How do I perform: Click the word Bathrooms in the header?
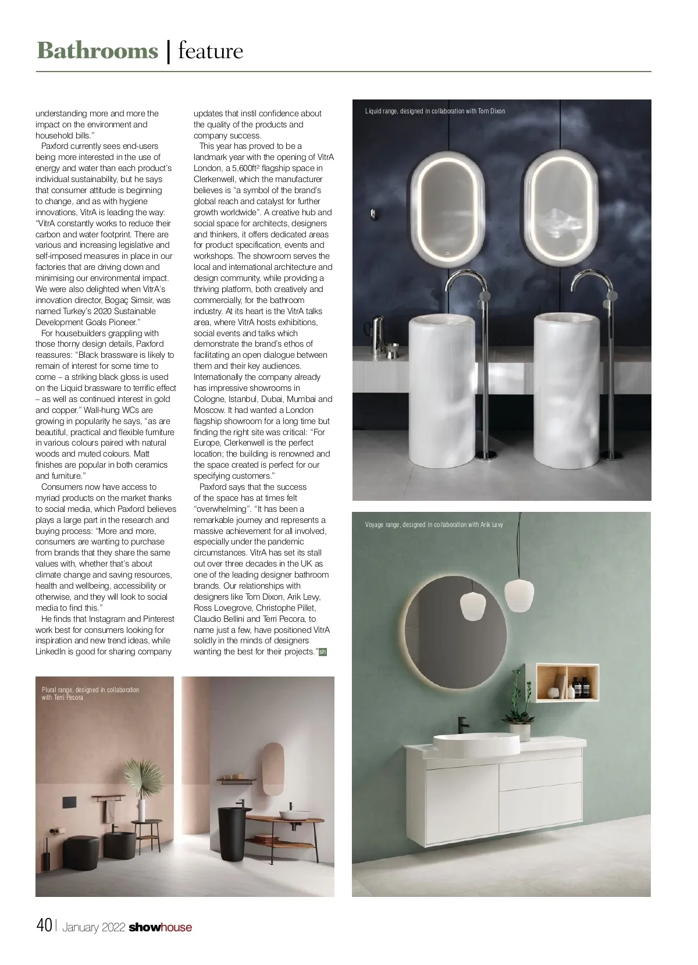point(97,51)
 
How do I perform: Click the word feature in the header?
point(211,51)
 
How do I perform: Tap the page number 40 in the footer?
point(44,925)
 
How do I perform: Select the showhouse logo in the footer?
point(160,927)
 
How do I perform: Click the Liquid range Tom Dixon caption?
point(435,111)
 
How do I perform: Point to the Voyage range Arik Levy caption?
point(434,525)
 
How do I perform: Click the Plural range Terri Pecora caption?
point(90,693)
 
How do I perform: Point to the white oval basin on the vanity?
point(476,742)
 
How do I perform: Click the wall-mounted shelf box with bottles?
point(567,682)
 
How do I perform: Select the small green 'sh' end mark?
point(323,652)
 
